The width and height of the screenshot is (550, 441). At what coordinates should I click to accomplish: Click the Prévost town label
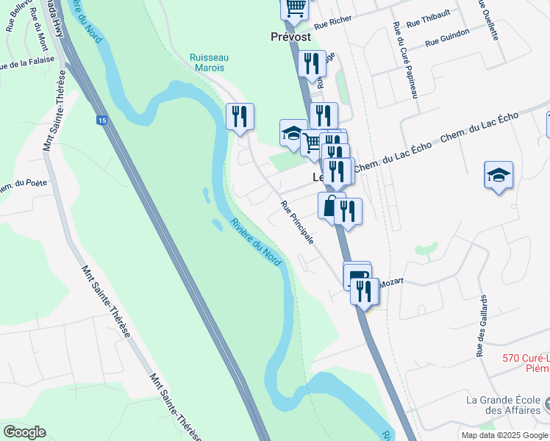[x=290, y=36]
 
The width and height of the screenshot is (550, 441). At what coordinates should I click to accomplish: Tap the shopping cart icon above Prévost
[x=295, y=7]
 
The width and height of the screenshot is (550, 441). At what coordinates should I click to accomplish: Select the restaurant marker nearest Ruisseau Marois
[x=240, y=116]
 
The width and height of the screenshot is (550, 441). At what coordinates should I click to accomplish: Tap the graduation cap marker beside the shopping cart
[x=293, y=133]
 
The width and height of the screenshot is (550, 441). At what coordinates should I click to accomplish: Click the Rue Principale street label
[x=298, y=223]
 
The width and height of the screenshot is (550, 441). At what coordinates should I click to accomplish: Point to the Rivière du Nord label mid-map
[x=256, y=243]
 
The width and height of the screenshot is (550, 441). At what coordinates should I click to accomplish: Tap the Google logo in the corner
[x=24, y=432]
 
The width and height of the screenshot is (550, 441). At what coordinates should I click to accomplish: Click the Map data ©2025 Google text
[x=505, y=435]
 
